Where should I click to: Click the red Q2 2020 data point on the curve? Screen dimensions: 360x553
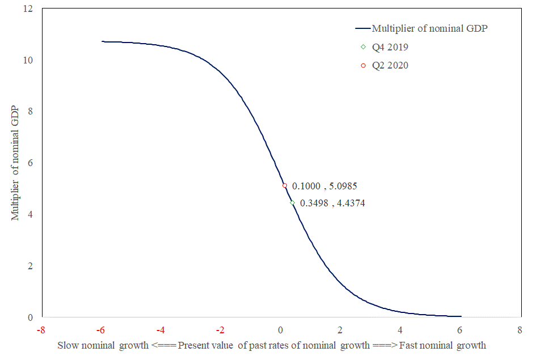(285, 185)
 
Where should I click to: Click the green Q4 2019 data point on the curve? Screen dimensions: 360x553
(292, 202)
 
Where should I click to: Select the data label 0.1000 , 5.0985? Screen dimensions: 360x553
(324, 185)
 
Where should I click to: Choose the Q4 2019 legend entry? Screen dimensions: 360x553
(390, 47)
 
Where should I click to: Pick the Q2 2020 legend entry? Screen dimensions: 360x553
(390, 65)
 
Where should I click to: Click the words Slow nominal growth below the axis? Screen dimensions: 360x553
(102, 345)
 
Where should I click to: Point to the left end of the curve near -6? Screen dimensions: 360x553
(103, 41)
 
